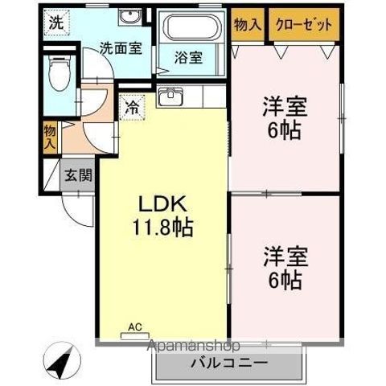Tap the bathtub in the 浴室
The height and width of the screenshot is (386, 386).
[191, 27]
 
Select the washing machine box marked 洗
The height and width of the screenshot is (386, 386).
[57, 23]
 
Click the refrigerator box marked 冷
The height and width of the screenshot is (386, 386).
[133, 108]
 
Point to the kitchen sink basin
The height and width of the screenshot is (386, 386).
[170, 96]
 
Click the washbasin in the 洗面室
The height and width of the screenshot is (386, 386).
[129, 18]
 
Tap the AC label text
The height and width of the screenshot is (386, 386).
[135, 326]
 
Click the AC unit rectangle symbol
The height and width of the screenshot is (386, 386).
[135, 336]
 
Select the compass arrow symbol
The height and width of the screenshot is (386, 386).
[62, 360]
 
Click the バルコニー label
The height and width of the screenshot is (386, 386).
[229, 363]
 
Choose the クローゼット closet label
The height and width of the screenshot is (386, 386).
[304, 25]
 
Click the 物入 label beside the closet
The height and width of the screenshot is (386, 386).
[248, 25]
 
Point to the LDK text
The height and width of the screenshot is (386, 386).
[162, 205]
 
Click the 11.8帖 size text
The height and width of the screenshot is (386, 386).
[162, 228]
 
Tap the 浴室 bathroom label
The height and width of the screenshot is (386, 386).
[188, 58]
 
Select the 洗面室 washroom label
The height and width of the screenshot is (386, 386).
[121, 48]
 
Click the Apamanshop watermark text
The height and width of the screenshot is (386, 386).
[194, 346]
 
